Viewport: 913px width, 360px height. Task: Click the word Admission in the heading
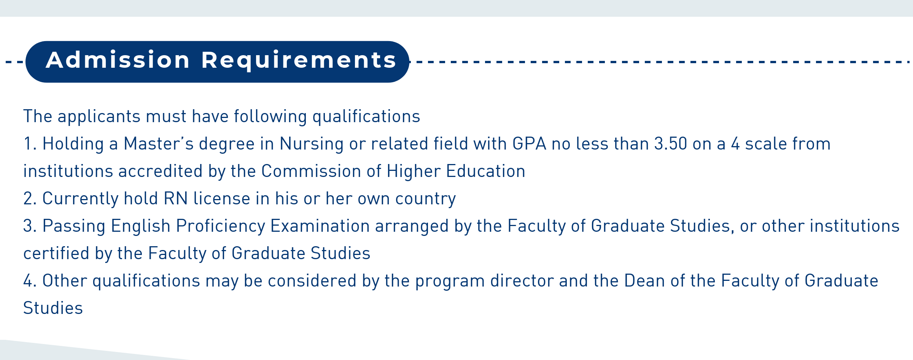(x=118, y=60)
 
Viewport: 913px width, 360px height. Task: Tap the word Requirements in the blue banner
(x=299, y=61)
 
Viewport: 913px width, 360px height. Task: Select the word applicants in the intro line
(x=99, y=117)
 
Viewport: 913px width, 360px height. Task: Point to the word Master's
(x=159, y=144)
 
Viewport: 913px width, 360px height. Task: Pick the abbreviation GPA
(x=529, y=144)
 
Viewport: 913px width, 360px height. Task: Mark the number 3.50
(x=671, y=144)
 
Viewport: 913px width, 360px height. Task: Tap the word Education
(x=485, y=171)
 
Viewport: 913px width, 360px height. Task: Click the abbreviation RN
(x=176, y=199)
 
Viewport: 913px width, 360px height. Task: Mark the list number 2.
(x=30, y=199)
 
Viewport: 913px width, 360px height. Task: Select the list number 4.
(x=30, y=281)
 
